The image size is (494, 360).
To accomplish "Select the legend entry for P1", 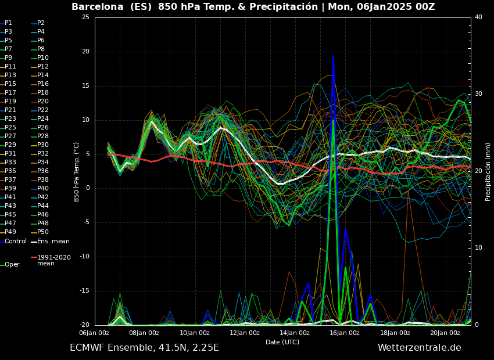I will (8, 23).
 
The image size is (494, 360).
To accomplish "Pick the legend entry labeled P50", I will (42, 232).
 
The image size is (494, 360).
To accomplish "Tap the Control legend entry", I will (15, 241).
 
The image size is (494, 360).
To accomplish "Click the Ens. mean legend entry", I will (53, 241).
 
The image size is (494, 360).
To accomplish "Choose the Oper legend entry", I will (12, 265).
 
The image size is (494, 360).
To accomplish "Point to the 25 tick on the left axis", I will (85, 17).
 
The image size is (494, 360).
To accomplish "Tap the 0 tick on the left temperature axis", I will (87, 188).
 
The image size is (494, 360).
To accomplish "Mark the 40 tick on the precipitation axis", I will (478, 17).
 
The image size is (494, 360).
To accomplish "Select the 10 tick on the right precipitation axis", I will (478, 248).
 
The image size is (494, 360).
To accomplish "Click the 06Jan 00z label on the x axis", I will (94, 333).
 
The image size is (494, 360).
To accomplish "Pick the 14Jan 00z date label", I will (295, 333).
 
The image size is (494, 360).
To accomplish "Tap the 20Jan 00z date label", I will (445, 333).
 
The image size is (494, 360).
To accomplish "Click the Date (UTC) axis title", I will (282, 342).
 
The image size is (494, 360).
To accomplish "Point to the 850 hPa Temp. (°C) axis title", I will (77, 171).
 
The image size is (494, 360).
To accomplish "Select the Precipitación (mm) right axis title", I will (488, 171).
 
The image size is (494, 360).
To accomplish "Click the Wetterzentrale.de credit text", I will (419, 348).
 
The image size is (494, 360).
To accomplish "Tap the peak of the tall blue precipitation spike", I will (333, 57).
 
